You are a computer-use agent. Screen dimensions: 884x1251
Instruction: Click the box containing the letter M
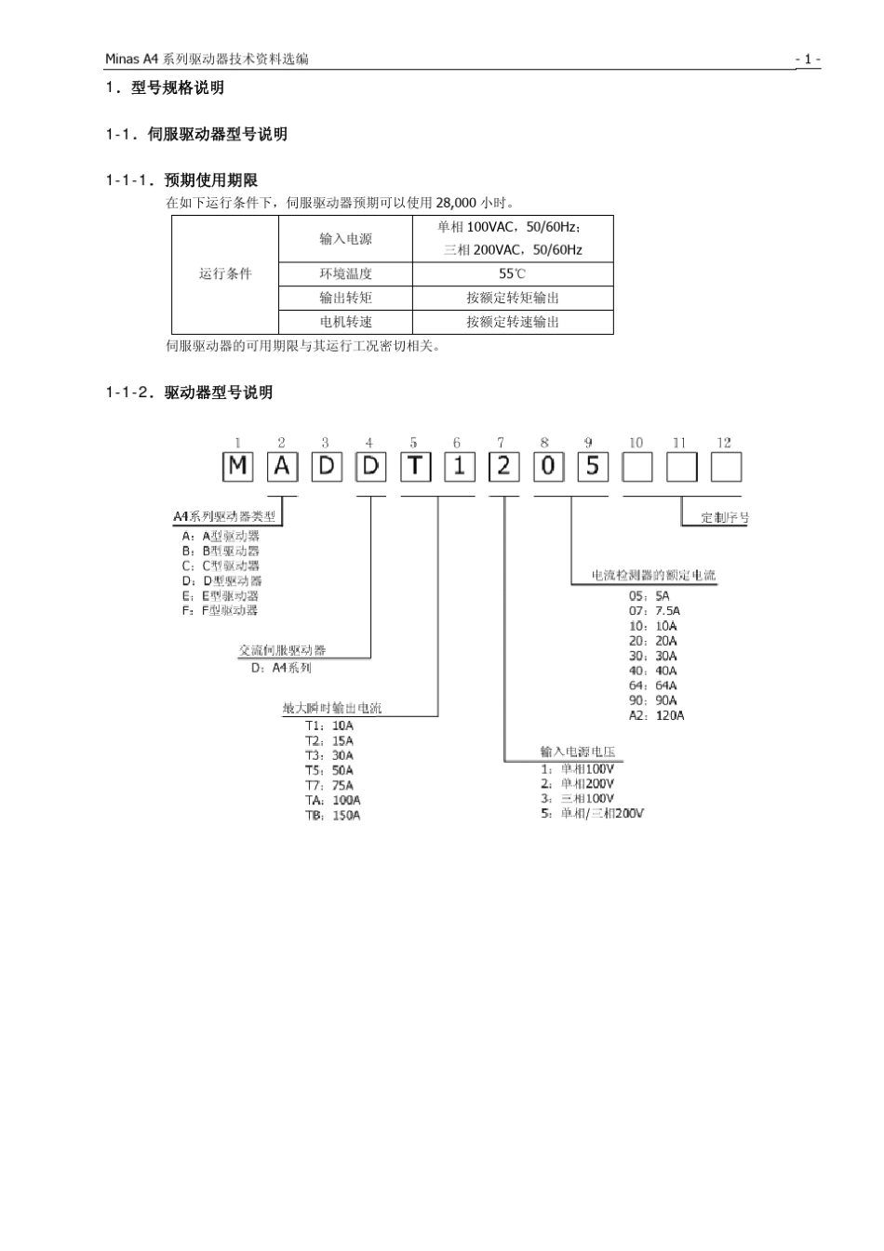coord(237,466)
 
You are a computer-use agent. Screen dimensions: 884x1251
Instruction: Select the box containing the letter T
coord(415,466)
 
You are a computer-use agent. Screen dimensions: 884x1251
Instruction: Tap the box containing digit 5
coord(592,466)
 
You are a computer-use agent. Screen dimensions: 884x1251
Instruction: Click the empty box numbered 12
coord(726,466)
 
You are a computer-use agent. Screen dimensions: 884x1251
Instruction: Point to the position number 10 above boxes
coord(636,443)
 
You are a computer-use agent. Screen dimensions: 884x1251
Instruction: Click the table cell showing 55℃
coord(512,273)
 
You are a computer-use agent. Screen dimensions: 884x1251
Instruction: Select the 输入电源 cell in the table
coord(345,239)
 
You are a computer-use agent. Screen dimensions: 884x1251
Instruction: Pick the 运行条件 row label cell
coord(225,273)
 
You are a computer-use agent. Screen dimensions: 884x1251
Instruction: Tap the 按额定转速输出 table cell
coord(512,322)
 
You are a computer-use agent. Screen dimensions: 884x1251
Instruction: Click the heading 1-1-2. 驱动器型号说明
coord(189,393)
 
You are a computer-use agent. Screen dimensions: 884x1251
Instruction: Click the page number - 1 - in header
coord(807,60)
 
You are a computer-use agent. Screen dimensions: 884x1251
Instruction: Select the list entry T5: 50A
coord(329,770)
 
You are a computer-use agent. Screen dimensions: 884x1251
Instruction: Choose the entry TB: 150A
coord(332,816)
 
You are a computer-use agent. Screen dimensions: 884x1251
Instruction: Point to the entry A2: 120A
coord(656,715)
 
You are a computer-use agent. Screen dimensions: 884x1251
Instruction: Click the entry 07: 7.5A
coord(654,611)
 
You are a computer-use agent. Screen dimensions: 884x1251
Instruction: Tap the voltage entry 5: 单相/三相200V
coord(593,814)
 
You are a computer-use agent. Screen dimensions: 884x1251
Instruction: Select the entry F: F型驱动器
coord(220,610)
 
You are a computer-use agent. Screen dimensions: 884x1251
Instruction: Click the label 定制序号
coord(724,518)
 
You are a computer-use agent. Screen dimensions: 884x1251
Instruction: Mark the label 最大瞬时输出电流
coord(332,708)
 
